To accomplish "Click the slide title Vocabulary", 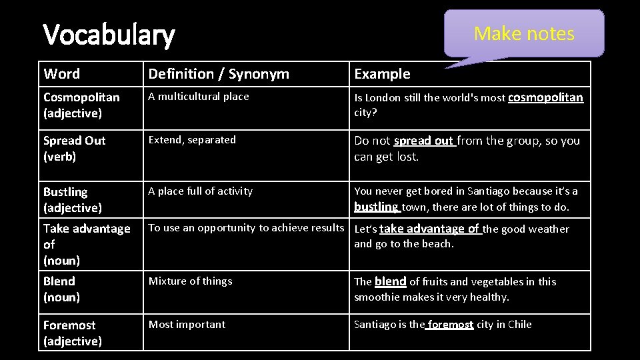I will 108,35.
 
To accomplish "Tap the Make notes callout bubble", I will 524,33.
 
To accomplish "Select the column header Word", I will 61,74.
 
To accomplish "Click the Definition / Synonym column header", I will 219,74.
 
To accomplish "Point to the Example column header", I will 382,74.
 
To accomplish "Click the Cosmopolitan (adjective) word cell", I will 81,105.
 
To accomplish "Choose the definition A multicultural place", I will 199,97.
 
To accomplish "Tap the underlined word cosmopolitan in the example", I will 545,97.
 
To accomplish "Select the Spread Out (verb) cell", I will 74,149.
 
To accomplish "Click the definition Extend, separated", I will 192,140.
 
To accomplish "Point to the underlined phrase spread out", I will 424,141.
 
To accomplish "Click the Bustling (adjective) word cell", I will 72,200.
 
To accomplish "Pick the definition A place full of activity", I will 201,191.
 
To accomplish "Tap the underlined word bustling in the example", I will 376,207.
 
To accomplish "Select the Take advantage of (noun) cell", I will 87,244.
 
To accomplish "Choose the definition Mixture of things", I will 190,281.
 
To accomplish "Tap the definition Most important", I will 187,325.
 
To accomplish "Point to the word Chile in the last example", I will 519,325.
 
